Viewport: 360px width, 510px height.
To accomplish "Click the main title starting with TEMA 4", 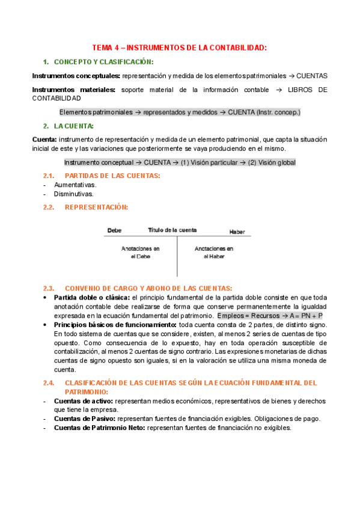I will (179, 47).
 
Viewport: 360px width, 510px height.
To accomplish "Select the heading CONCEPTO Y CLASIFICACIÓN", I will (103, 62).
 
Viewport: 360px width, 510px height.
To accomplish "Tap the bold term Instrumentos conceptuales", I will (75, 76).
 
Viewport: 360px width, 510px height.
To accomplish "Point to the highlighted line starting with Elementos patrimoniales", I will (180, 112).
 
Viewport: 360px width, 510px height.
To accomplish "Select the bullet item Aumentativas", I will (75, 185).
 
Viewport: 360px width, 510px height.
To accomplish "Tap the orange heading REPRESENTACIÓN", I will (96, 207).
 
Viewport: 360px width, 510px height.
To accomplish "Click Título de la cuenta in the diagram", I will (172, 230).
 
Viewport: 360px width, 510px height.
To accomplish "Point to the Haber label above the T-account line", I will (237, 232).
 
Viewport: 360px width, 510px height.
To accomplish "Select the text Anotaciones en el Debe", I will (140, 252).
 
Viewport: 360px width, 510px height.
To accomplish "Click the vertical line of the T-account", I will (177, 256).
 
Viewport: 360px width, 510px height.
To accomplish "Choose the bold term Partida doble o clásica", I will (91, 297).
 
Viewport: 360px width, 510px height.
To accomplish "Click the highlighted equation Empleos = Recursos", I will (270, 315).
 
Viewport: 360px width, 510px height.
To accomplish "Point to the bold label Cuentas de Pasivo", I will (84, 419).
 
